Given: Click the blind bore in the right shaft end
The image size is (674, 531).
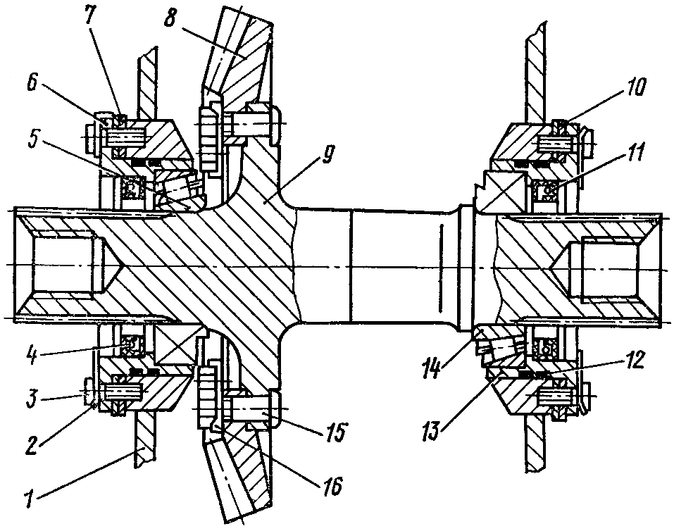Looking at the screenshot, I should point(609,268).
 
